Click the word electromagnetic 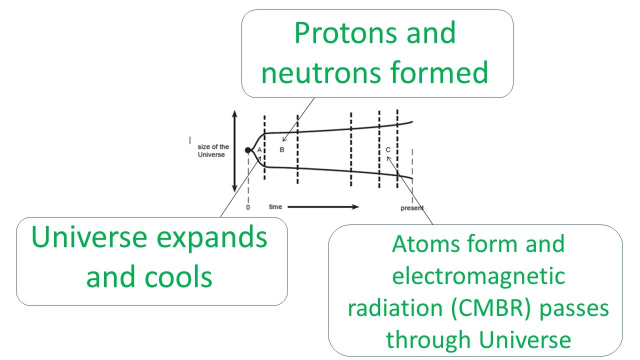[479, 276]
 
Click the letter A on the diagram [259, 150]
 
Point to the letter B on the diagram [281, 150]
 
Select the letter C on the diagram [388, 150]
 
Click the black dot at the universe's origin [247, 150]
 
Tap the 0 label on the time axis [248, 207]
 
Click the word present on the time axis [411, 208]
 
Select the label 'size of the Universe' [214, 150]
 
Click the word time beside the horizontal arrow [275, 206]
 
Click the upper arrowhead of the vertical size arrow [234, 113]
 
